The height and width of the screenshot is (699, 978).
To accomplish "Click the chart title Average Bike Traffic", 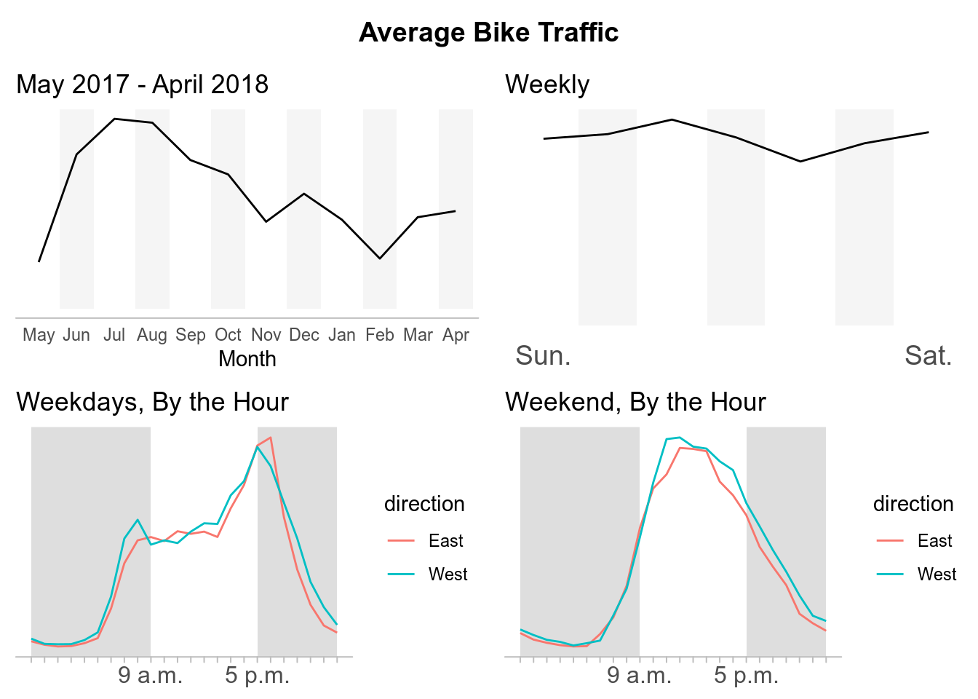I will [x=488, y=33].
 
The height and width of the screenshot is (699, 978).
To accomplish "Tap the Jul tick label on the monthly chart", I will [x=114, y=335].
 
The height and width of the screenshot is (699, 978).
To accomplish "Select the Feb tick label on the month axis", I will [x=380, y=335].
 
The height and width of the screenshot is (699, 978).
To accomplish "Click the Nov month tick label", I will [x=266, y=335].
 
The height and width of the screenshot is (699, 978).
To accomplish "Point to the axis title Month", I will [x=247, y=359].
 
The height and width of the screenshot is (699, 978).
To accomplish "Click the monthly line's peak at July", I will [x=114, y=119].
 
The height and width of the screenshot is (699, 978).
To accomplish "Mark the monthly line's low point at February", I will [x=380, y=258].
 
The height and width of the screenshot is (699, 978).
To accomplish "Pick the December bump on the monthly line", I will [x=304, y=194].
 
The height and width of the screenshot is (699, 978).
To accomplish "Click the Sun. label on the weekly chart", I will [x=543, y=356].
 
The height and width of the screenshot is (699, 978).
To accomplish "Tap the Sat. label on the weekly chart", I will [x=928, y=356].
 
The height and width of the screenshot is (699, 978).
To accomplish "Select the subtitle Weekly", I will [x=547, y=84].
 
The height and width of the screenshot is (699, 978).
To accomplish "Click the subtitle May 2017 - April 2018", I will [x=143, y=84].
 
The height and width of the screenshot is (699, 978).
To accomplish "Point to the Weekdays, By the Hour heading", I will [x=153, y=402].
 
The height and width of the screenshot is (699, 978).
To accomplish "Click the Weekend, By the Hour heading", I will [x=635, y=402].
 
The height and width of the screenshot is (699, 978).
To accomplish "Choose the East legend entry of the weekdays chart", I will [x=445, y=541].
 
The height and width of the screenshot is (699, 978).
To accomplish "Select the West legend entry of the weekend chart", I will [x=937, y=574].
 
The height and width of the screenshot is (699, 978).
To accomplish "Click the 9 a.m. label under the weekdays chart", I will [x=151, y=676].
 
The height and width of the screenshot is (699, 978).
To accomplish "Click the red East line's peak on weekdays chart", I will [x=271, y=438].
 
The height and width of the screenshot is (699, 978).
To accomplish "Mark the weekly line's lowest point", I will [x=800, y=162].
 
